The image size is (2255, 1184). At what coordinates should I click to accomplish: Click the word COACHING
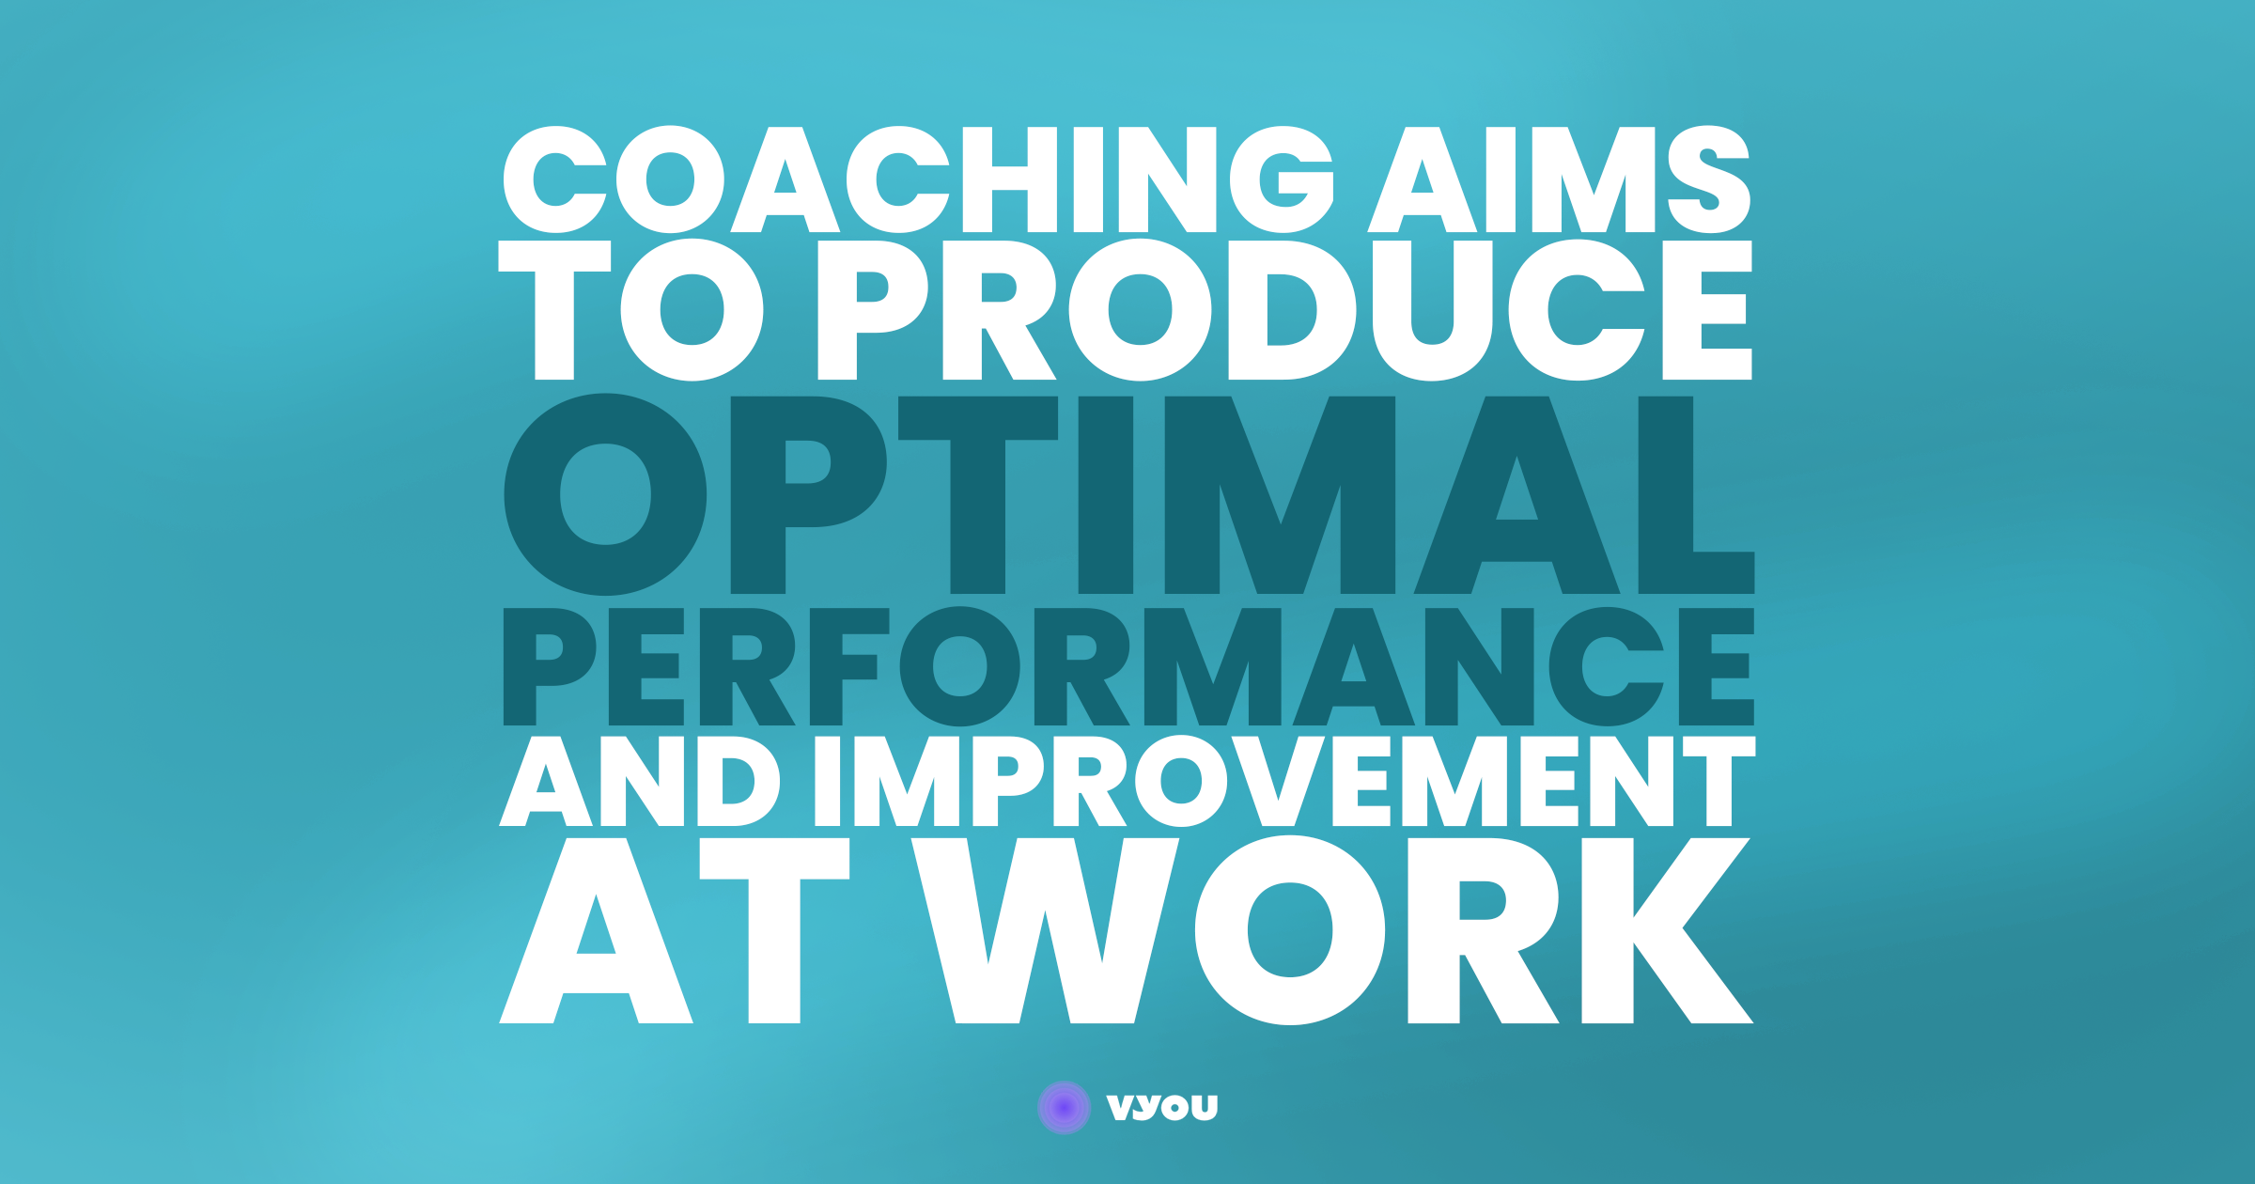[x=919, y=179]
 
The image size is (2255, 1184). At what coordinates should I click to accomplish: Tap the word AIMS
[x=1559, y=179]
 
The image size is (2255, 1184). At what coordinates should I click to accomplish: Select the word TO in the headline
[x=630, y=310]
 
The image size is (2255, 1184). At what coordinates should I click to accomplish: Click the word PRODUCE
[x=1284, y=310]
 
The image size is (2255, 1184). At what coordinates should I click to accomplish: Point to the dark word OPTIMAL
[x=1128, y=494]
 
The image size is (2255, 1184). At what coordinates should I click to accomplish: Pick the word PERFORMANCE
[x=1128, y=666]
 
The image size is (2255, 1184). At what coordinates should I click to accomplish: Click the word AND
[x=639, y=781]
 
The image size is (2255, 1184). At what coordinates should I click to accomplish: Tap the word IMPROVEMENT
[x=1284, y=781]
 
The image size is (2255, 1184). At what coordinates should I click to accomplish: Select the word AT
[x=674, y=930]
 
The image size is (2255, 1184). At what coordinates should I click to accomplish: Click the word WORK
[x=1331, y=930]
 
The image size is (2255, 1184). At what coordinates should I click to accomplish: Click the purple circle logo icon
[x=1064, y=1108]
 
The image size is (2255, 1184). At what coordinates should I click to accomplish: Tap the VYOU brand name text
[x=1162, y=1108]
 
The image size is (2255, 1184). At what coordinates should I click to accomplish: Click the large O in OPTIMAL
[x=605, y=494]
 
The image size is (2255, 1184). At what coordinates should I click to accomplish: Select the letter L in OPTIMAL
[x=1696, y=494]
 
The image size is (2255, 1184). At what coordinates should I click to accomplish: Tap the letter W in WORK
[x=1045, y=930]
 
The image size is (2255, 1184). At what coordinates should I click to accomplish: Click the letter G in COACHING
[x=1282, y=179]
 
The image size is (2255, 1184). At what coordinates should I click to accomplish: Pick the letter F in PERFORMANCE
[x=849, y=666]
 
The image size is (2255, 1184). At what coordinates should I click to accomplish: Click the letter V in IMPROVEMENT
[x=1278, y=781]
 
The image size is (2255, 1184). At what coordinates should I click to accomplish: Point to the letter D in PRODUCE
[x=1292, y=310]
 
